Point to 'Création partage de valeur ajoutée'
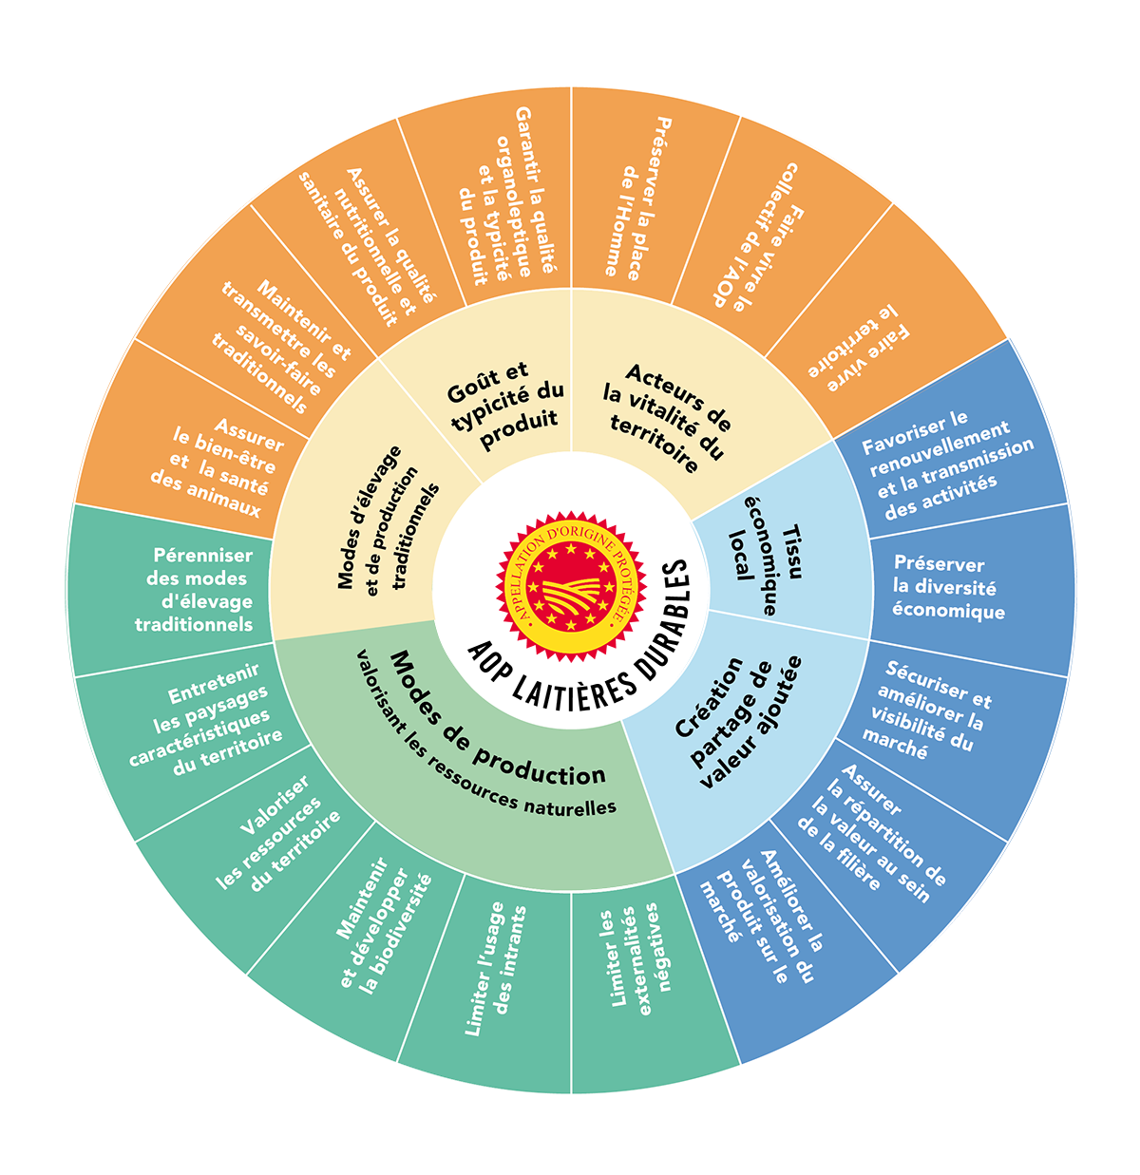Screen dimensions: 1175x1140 point(738,722)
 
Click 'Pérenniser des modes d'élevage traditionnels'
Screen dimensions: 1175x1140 point(196,589)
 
